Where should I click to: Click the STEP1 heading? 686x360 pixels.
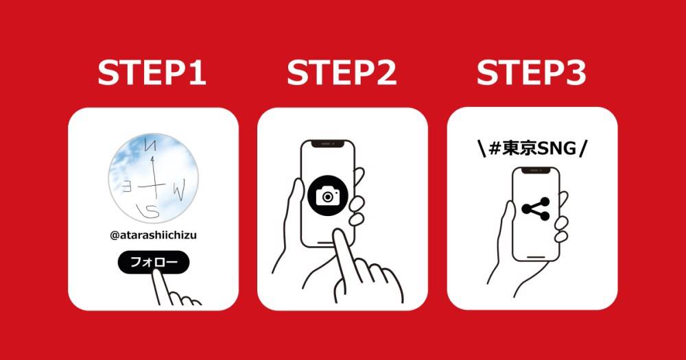pos(152,73)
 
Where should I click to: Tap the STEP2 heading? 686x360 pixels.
pos(342,73)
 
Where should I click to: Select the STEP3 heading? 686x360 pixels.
pos(532,73)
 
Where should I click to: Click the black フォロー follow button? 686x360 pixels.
pos(154,263)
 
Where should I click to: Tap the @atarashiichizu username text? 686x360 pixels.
pos(153,235)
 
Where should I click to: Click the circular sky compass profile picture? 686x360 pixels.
pos(153,178)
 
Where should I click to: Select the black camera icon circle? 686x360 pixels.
pos(328,196)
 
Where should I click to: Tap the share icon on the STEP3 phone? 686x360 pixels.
pos(536,209)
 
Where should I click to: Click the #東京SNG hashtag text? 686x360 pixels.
pos(532,149)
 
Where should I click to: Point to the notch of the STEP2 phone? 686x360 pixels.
pos(328,144)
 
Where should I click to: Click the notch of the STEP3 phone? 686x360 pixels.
pos(536,171)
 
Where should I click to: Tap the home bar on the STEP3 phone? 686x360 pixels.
pos(536,256)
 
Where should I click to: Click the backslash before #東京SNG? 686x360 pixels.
pos(481,149)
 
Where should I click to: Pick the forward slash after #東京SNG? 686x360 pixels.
pos(582,149)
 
